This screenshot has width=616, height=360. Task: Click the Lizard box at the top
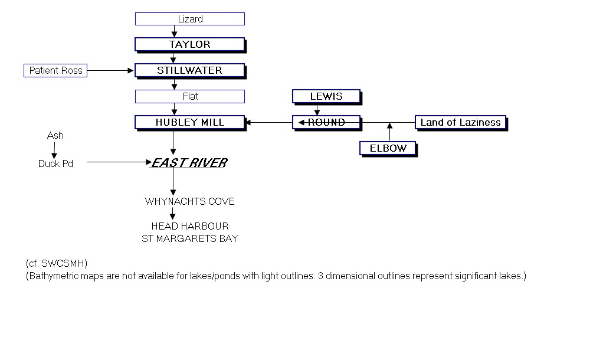[x=190, y=19]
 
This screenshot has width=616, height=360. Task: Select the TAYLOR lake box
[x=189, y=44]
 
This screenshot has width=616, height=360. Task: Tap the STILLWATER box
[x=189, y=70]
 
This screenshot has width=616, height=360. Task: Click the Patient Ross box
[x=56, y=71]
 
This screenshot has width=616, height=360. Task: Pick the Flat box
[x=190, y=96]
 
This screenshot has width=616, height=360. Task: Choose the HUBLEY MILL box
[x=189, y=122]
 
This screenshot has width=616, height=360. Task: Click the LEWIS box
[x=326, y=96]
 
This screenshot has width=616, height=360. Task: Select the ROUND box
[x=326, y=122]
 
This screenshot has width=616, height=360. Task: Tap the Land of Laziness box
[x=460, y=123]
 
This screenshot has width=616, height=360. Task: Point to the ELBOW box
[x=388, y=148]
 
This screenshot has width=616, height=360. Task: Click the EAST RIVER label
[x=189, y=163]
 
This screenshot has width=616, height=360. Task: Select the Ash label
[x=55, y=136]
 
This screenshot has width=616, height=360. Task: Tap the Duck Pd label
[x=55, y=163]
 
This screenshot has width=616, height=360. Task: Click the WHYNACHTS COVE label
[x=189, y=201]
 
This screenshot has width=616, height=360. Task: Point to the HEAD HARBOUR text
[x=189, y=226]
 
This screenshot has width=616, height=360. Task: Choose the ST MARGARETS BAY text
[x=189, y=238]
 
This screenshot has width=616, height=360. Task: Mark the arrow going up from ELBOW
[x=389, y=132]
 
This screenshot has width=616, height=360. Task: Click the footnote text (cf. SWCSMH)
[x=57, y=263]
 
